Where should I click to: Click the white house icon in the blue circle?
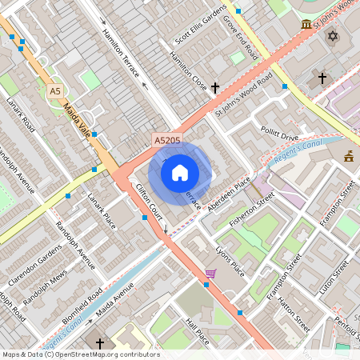(180, 171)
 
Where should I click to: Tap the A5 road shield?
(54, 91)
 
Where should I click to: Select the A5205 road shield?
(167, 140)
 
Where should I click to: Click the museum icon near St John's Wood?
(306, 26)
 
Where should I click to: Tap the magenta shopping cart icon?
(210, 274)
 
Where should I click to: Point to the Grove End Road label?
(239, 38)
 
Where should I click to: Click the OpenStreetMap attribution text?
(80, 354)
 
